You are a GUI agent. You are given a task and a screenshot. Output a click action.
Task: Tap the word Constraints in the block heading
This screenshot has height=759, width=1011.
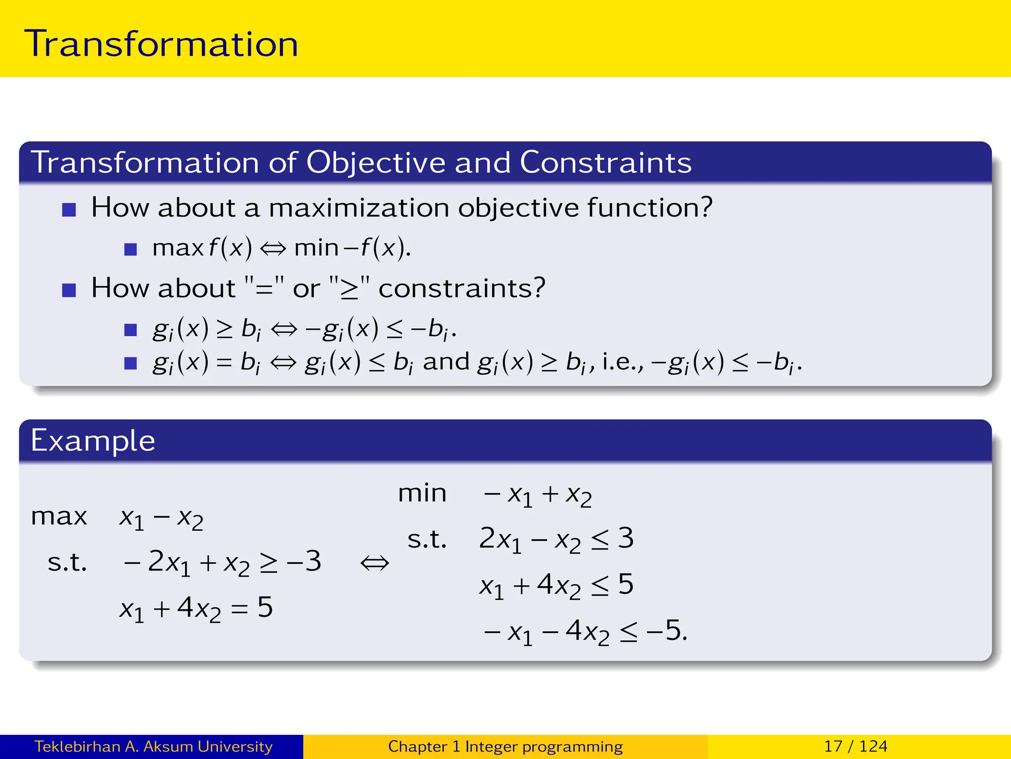click(x=605, y=163)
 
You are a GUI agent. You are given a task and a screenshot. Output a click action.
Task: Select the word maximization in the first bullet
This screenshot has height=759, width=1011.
click(x=359, y=208)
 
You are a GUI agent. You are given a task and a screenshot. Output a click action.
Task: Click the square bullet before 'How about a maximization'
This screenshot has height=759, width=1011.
click(x=69, y=210)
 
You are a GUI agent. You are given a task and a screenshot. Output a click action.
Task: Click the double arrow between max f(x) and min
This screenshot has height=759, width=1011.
click(x=273, y=249)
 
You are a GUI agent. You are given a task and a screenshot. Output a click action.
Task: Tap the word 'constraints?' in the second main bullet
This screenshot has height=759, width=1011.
click(x=462, y=288)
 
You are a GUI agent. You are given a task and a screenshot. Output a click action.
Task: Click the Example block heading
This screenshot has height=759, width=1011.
click(x=93, y=441)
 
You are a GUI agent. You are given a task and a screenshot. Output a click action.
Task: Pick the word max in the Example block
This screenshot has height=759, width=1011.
click(x=59, y=517)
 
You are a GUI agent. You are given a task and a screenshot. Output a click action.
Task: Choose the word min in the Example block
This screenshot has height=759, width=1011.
click(x=422, y=493)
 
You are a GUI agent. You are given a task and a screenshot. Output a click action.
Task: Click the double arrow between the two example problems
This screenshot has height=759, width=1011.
click(x=375, y=563)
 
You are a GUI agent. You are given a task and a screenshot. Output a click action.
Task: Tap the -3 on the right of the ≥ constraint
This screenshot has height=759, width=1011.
click(x=304, y=562)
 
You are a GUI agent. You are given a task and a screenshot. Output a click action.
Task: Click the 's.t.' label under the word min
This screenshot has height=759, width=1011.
click(x=427, y=539)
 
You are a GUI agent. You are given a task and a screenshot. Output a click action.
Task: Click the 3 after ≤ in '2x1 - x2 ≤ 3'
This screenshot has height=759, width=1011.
click(x=625, y=538)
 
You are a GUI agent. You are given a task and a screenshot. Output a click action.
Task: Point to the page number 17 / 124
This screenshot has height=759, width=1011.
click(x=855, y=746)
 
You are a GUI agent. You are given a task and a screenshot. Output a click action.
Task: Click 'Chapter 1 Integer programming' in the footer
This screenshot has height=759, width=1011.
click(x=505, y=746)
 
